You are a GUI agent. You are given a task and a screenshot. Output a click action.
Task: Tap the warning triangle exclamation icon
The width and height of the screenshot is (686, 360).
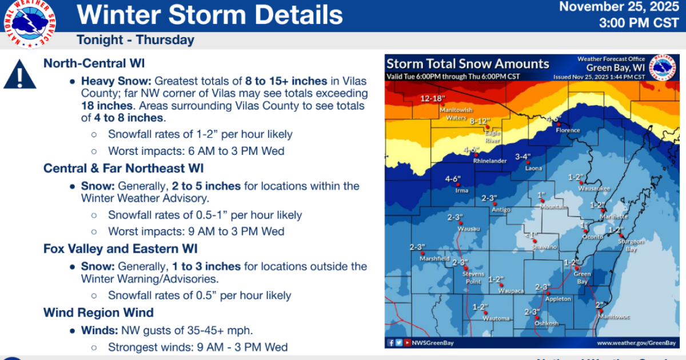click(x=20, y=75)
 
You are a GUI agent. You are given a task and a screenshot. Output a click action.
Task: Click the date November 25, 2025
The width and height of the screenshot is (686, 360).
click(x=616, y=7)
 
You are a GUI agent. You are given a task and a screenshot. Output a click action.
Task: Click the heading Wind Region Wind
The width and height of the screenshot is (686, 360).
click(x=98, y=313)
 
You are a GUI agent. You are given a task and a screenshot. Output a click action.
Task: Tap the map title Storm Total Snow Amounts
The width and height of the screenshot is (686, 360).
click(x=468, y=64)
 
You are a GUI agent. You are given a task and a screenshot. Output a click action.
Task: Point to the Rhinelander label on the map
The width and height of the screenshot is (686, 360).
click(x=490, y=161)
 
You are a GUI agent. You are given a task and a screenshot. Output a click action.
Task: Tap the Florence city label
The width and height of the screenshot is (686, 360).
click(x=568, y=130)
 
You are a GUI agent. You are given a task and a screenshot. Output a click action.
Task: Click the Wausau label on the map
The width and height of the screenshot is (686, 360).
click(x=468, y=229)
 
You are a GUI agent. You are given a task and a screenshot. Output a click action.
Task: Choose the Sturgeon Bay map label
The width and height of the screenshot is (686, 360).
click(x=631, y=245)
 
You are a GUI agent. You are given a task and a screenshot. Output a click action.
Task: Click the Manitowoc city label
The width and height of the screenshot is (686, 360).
click(x=614, y=316)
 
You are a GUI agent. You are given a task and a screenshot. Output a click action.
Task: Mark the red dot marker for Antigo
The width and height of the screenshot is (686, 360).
click(x=495, y=203)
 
